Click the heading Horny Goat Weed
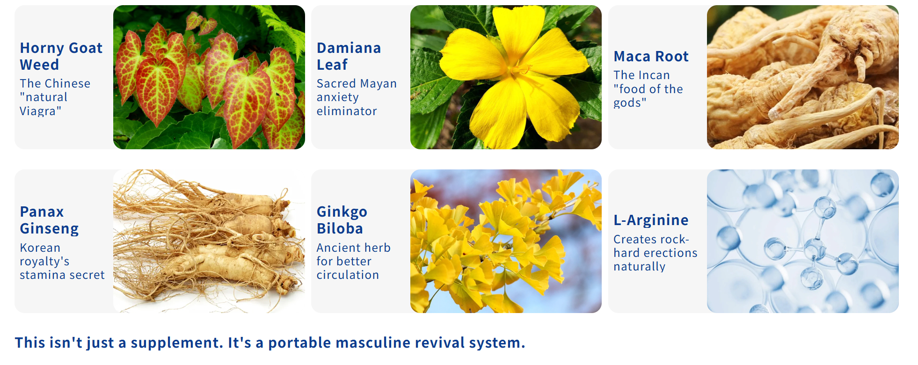click(x=61, y=56)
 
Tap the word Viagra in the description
click(x=40, y=111)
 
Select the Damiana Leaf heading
click(x=349, y=56)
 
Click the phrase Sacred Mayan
click(x=357, y=83)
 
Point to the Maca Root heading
click(x=651, y=56)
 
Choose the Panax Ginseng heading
click(x=49, y=220)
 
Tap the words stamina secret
click(x=62, y=275)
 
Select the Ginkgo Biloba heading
click(x=342, y=220)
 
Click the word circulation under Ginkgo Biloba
click(x=348, y=275)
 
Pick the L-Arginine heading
click(x=651, y=220)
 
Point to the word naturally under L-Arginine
click(x=639, y=267)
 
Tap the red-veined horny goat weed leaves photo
click(x=209, y=77)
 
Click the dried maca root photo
click(x=802, y=77)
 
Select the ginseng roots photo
click(x=209, y=241)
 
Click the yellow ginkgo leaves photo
click(x=506, y=241)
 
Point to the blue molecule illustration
click(x=802, y=241)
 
